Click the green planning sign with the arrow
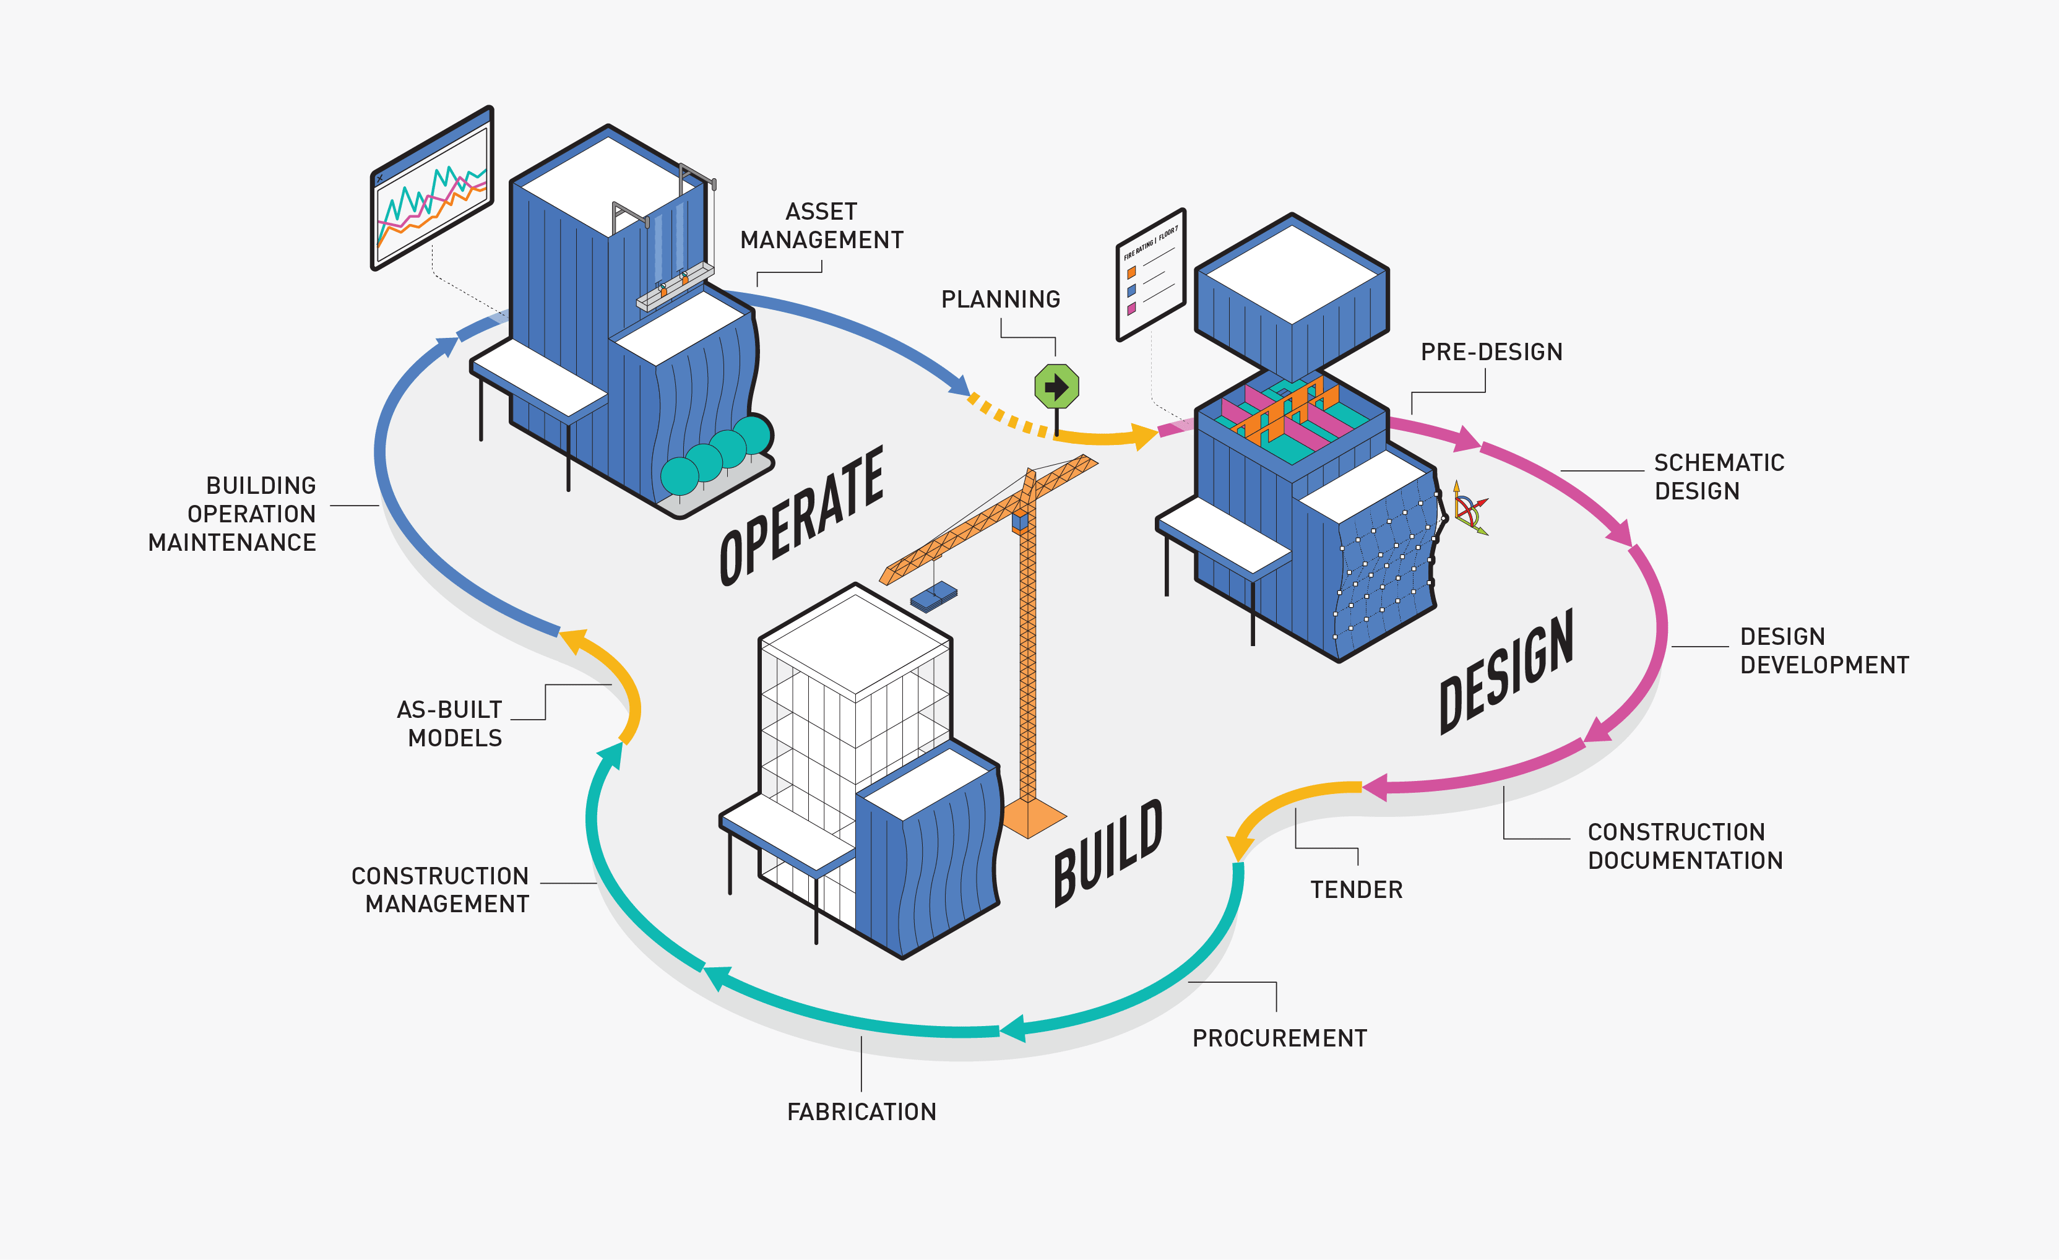[1056, 387]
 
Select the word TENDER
[1355, 890]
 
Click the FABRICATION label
[861, 1112]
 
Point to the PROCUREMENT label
[1279, 1038]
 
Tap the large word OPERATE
[801, 516]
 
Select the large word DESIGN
[1506, 673]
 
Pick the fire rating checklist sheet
[1150, 275]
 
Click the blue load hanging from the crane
[933, 597]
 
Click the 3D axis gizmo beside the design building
[1469, 509]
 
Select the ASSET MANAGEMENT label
[821, 227]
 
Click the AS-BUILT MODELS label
[451, 723]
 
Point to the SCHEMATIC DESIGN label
[1718, 477]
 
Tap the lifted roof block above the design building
[1292, 296]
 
